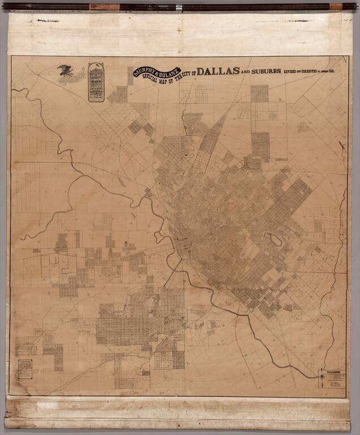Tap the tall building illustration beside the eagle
[96, 82]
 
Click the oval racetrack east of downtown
[276, 240]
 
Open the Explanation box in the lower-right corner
[331, 380]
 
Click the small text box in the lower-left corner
[25, 369]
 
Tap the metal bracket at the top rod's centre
[179, 7]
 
